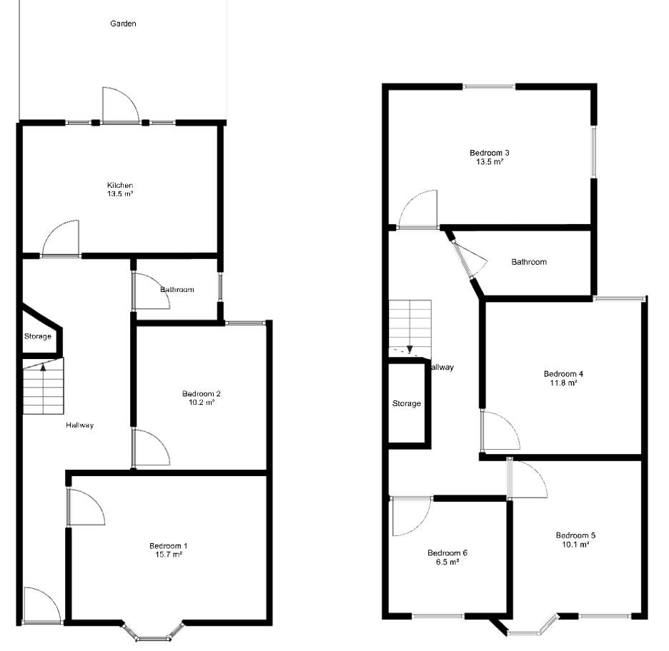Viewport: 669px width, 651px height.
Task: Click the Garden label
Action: coord(123,24)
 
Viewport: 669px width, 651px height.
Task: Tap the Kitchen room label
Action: coord(120,186)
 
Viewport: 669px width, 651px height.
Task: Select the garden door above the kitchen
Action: coord(119,106)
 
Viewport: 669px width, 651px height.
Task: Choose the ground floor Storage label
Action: coord(38,336)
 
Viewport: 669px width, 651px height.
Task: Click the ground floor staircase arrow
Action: coord(43,368)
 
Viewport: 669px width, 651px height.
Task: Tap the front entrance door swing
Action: coord(41,606)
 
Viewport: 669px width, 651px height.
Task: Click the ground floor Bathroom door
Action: coord(149,292)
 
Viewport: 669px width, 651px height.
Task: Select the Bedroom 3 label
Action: coord(489,153)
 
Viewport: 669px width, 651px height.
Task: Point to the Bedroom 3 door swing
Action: coord(418,211)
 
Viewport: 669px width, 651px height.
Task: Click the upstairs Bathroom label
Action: coord(529,262)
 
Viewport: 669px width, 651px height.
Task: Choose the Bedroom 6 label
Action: coord(447,552)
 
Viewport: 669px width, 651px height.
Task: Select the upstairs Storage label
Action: coord(407,403)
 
